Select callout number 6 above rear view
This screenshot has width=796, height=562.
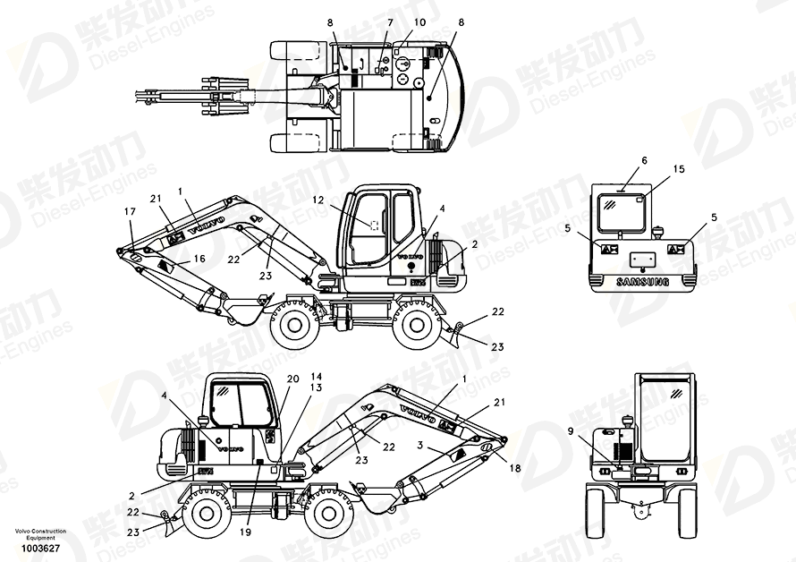coord(643,159)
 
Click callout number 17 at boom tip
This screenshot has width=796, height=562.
coord(131,212)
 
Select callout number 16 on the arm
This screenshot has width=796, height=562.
coord(199,258)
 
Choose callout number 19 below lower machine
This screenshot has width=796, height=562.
coord(245,532)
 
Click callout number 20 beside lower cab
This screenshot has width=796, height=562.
coord(292,379)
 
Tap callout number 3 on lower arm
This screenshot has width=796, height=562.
coord(419,445)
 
